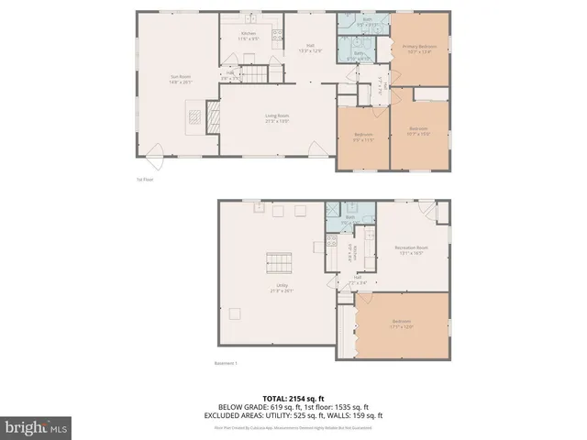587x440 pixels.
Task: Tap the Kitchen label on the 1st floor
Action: tap(249, 37)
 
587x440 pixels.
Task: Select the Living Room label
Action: tap(277, 117)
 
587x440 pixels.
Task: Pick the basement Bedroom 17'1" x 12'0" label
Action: tap(402, 323)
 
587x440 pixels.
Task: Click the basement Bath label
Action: tap(349, 219)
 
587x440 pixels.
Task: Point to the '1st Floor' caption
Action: tap(145, 180)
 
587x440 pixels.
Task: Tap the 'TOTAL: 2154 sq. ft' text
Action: tap(293, 399)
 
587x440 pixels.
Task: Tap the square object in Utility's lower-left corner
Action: tap(236, 313)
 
